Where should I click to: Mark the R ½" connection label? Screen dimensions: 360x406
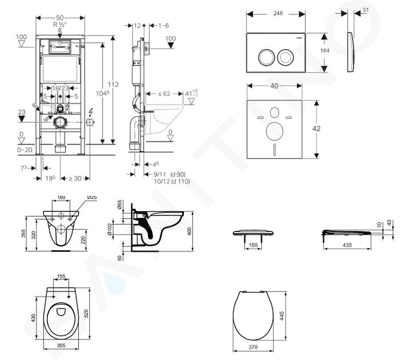tap(59, 25)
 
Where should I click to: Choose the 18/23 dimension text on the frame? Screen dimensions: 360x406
tap(61, 89)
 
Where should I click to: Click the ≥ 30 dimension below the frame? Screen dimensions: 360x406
tap(75, 179)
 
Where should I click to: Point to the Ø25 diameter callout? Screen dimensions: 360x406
tap(92, 198)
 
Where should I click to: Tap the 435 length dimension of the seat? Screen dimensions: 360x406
tap(347, 245)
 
